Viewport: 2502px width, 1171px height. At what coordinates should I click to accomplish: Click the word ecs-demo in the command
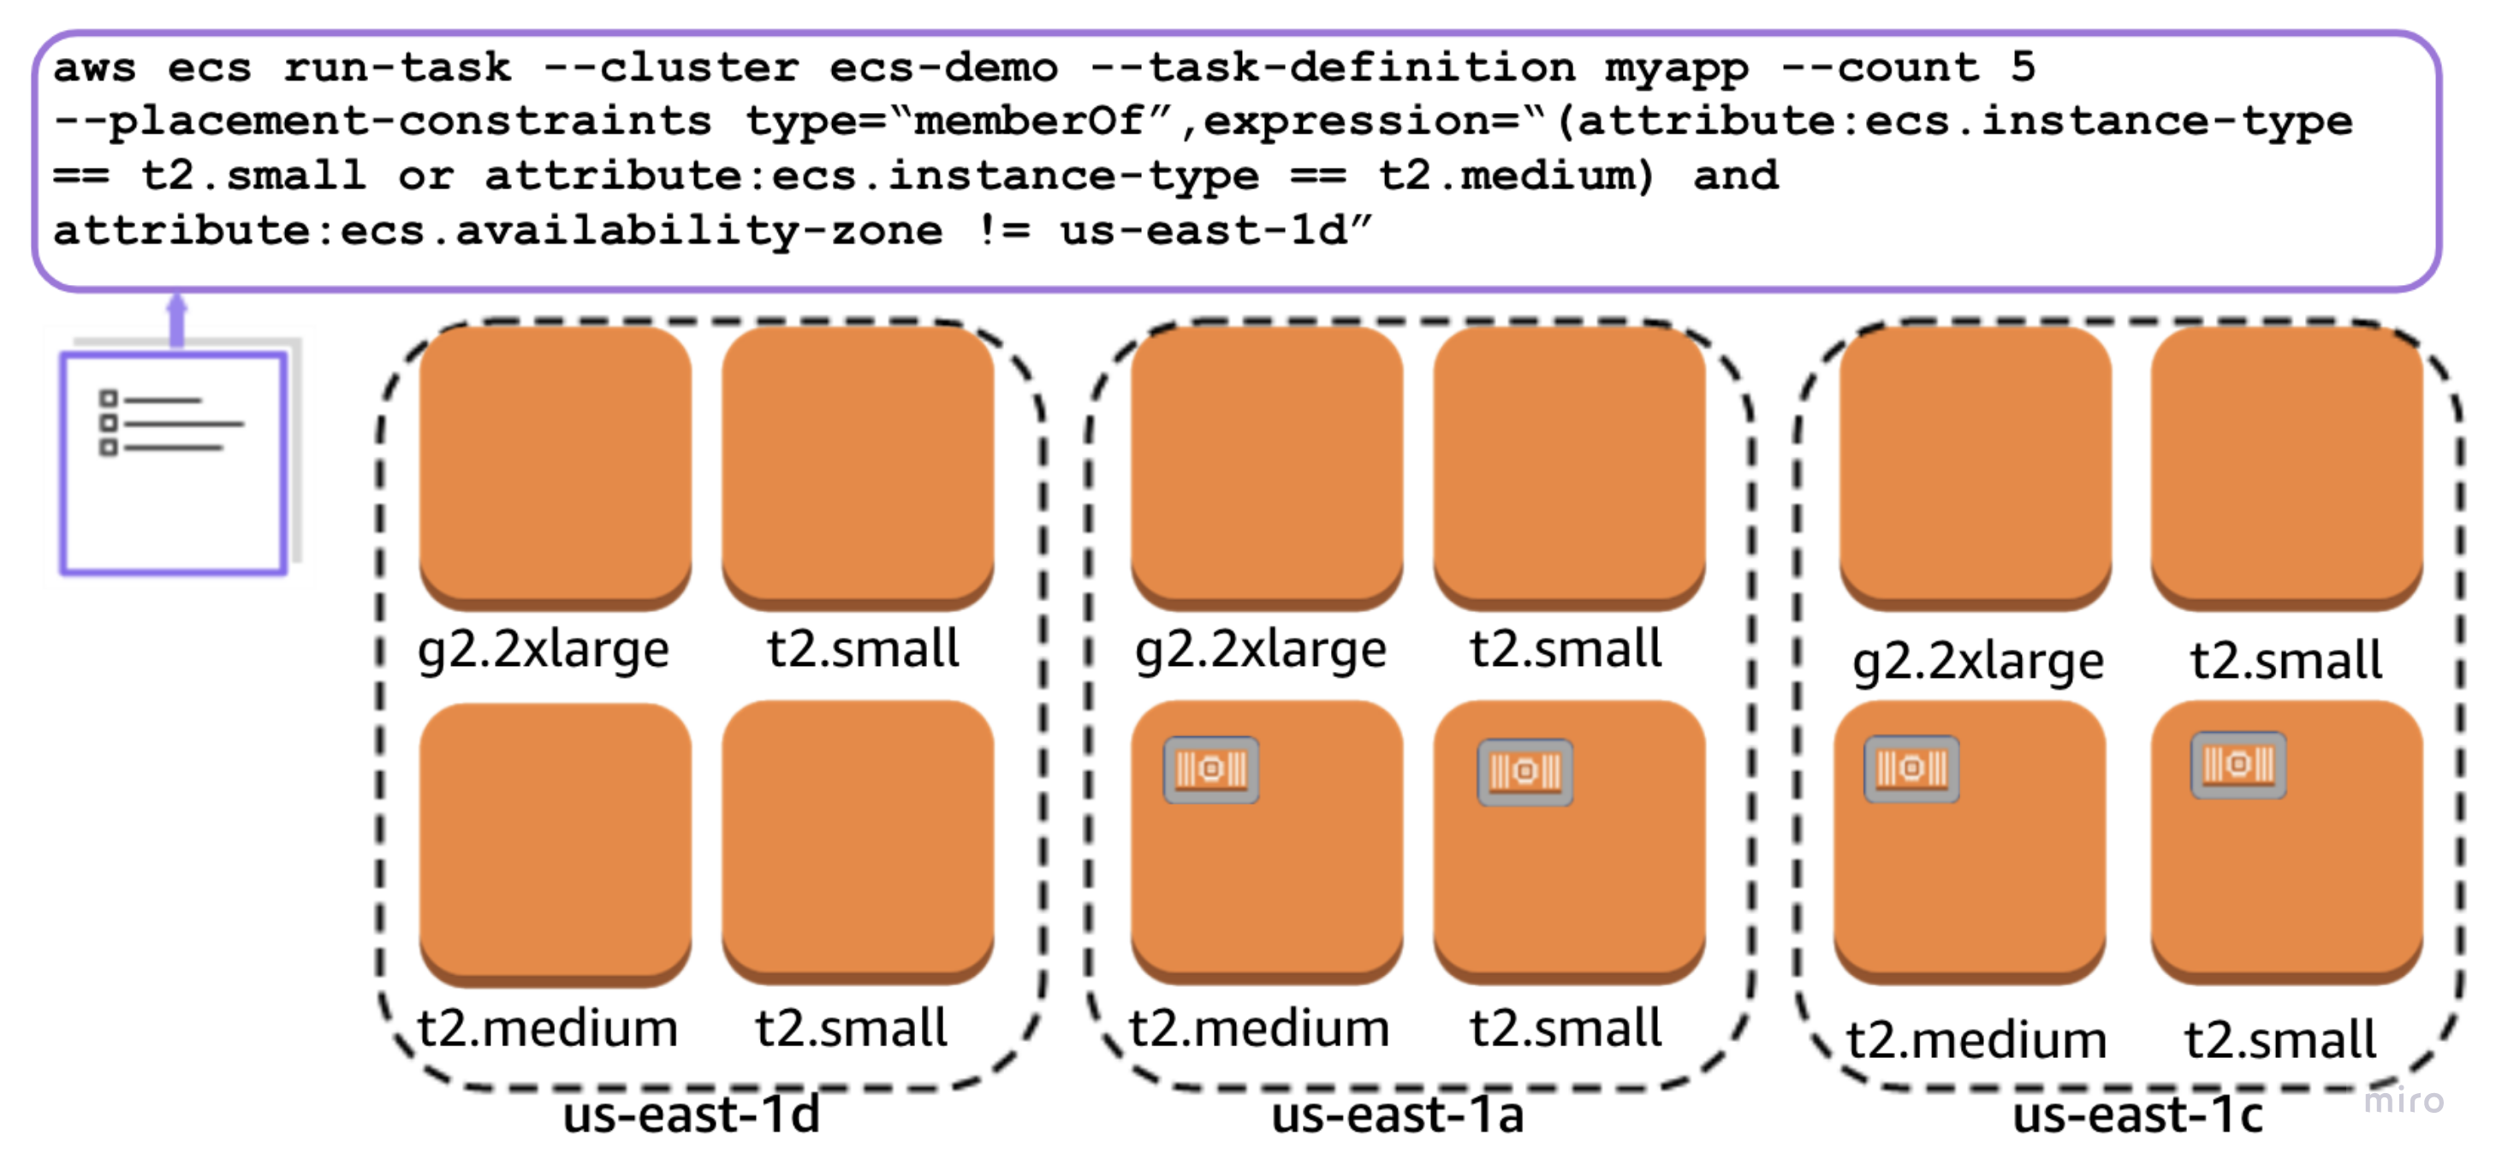point(942,68)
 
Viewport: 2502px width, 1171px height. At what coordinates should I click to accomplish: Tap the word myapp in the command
point(1675,68)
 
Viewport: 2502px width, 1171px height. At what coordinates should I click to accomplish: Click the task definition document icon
point(174,463)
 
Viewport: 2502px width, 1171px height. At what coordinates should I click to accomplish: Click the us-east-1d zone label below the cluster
point(692,1115)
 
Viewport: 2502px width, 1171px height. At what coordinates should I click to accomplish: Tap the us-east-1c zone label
point(2137,1115)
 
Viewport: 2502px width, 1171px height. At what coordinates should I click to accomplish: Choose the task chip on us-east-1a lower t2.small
point(1524,772)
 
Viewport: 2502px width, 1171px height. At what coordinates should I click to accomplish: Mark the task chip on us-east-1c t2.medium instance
point(1911,769)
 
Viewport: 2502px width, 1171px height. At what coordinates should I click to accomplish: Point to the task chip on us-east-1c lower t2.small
point(2238,765)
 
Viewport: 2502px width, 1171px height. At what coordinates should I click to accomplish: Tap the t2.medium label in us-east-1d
point(547,1027)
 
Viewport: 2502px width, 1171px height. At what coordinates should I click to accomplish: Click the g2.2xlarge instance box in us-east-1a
point(1267,466)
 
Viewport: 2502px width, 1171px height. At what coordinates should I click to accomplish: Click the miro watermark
point(2403,1100)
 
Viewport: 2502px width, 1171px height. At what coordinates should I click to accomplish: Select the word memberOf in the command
point(1029,122)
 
